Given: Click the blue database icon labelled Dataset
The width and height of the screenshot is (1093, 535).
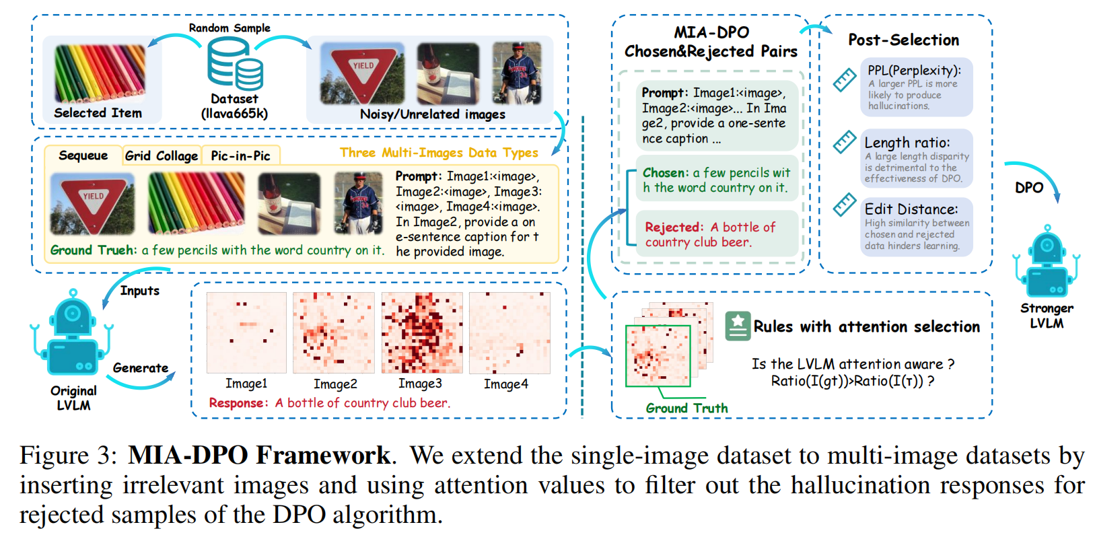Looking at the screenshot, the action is (x=235, y=64).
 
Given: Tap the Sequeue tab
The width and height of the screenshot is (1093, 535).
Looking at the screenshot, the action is (x=83, y=155).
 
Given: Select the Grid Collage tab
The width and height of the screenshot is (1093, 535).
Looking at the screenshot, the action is (x=162, y=155).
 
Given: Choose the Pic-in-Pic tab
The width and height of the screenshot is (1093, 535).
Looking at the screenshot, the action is (x=240, y=155).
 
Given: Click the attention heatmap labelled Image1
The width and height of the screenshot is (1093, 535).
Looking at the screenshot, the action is (x=246, y=332).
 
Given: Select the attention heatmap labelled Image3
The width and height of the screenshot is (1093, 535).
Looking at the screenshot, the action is (x=422, y=332).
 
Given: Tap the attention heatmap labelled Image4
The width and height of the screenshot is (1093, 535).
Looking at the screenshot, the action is (x=510, y=332).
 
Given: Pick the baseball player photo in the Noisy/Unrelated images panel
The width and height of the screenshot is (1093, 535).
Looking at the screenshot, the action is (x=517, y=73).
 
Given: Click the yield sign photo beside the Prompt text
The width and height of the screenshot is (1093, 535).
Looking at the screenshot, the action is (x=93, y=203).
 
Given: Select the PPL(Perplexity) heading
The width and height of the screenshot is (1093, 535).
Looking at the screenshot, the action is (x=915, y=70).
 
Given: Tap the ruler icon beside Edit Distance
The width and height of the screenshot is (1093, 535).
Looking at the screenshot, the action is (x=845, y=205).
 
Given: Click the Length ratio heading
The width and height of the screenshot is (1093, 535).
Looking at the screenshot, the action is (x=907, y=143).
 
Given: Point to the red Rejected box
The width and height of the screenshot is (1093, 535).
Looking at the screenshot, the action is (x=716, y=234).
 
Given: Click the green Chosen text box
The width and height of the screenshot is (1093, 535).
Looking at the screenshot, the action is (x=716, y=179).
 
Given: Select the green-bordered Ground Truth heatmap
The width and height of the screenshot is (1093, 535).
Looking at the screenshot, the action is (x=658, y=356).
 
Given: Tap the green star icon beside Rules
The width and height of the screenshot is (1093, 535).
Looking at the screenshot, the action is (x=738, y=326).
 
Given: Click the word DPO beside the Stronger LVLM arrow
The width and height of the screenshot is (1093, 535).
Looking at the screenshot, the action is (x=1029, y=188).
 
